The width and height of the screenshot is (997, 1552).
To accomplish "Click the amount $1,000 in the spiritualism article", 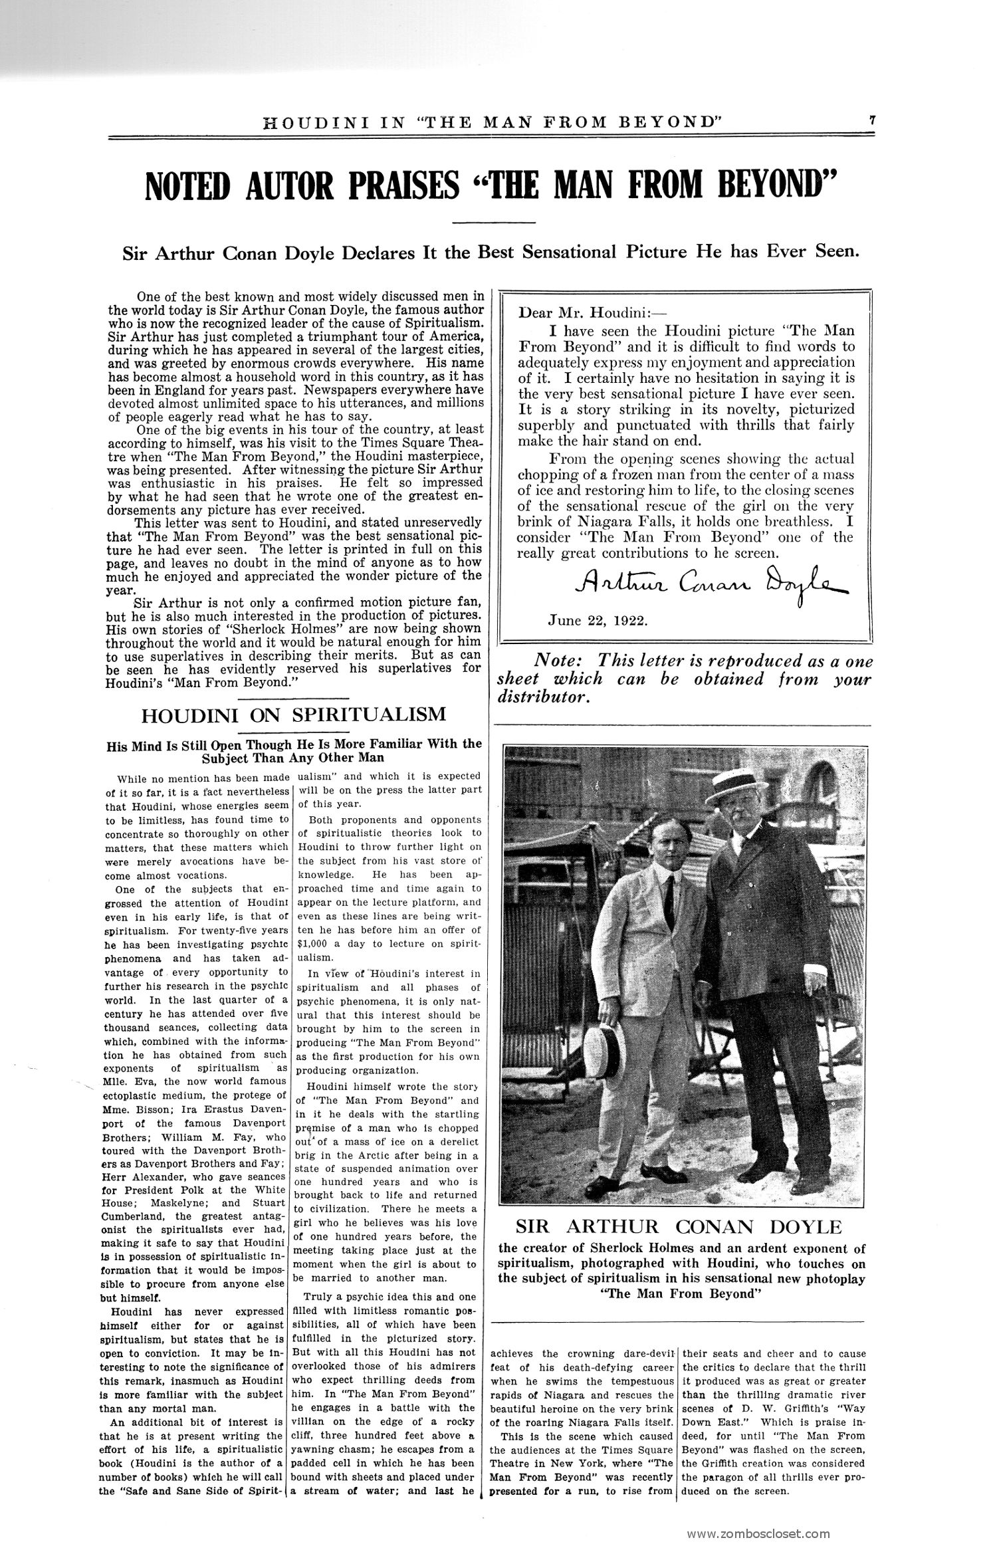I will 315,944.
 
